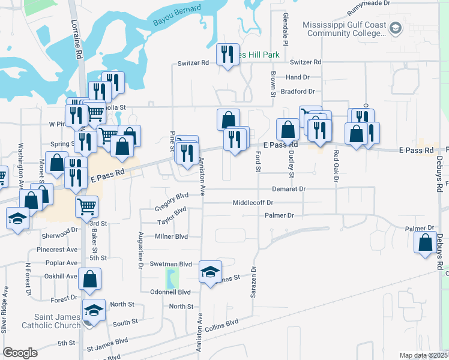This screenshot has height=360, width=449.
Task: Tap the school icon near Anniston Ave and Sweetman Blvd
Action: [x=210, y=272]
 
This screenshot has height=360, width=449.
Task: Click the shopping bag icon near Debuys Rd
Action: [x=426, y=243]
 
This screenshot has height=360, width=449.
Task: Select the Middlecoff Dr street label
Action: [x=253, y=203]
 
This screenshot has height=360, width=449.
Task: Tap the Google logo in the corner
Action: [x=20, y=353]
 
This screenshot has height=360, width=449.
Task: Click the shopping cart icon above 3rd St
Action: [x=86, y=207]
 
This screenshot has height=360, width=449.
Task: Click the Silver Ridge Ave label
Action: [x=5, y=310]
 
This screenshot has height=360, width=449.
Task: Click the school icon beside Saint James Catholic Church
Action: [x=94, y=311]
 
